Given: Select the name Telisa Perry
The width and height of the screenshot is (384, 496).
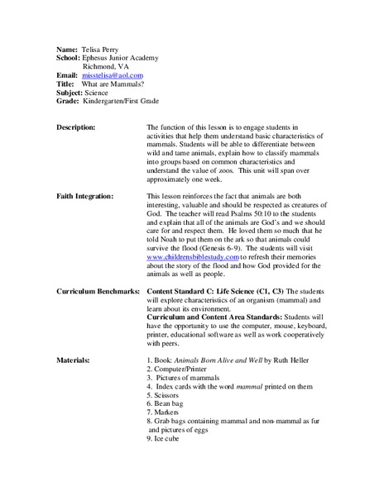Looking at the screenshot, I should pos(104,50).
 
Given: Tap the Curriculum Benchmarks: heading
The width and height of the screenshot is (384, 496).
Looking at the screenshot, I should pos(98,292).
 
